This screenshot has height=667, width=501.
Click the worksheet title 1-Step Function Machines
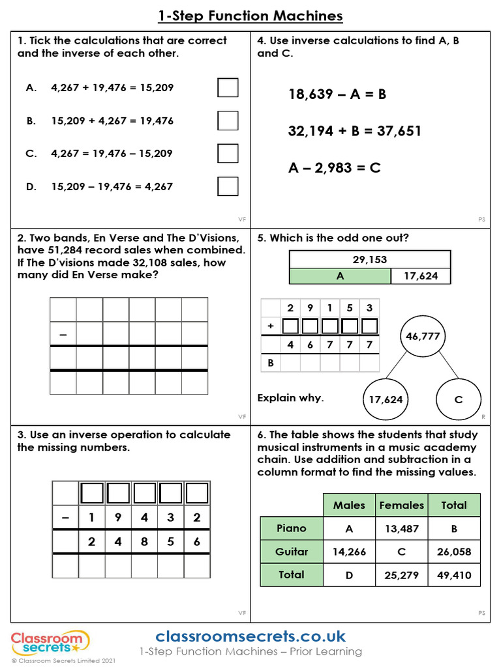250,16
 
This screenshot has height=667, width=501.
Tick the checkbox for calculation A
228,87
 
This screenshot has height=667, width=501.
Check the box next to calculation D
228,186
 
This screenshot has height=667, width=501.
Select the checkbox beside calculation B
228,121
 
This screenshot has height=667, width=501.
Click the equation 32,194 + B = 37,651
355,131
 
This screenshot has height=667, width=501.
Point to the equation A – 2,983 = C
334,168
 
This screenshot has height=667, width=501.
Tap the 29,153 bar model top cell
370,259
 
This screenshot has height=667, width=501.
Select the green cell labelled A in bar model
340,276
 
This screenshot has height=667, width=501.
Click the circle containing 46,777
423,337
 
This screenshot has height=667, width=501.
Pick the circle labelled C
458,399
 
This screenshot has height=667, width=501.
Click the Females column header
401,505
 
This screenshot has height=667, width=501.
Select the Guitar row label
292,552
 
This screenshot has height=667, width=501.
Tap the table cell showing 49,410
453,575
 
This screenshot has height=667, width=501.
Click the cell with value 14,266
349,552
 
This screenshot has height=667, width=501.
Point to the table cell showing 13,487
401,528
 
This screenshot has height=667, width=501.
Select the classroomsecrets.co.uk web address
250,636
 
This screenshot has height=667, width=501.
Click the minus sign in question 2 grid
63,334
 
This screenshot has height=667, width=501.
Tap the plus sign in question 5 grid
270,326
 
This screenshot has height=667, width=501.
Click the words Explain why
290,398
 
